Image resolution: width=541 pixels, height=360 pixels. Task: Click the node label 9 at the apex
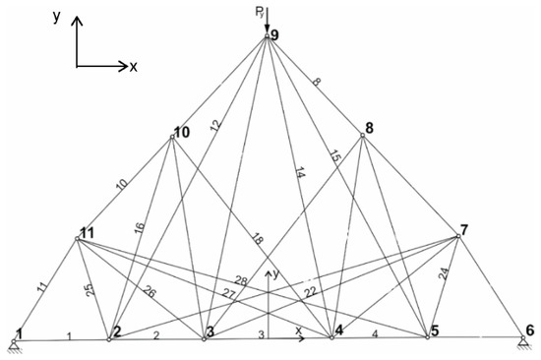[275, 36]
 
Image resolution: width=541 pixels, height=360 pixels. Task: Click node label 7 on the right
[464, 230]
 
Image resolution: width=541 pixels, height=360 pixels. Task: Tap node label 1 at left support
[18, 332]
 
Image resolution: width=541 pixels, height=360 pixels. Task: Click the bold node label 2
[116, 330]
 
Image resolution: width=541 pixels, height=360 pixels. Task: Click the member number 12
[216, 125]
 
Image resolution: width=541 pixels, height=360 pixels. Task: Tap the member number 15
[334, 155]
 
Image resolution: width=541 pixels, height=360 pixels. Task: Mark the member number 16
[139, 227]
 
